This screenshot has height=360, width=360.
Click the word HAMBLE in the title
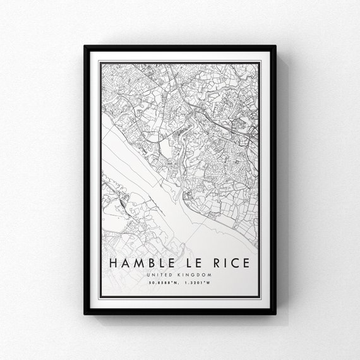138,262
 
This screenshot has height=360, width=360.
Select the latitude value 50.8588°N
164,282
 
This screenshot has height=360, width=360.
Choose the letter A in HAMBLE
124,262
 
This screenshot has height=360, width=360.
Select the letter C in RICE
230,262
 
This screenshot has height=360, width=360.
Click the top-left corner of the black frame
85,46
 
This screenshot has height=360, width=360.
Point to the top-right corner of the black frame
275,46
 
